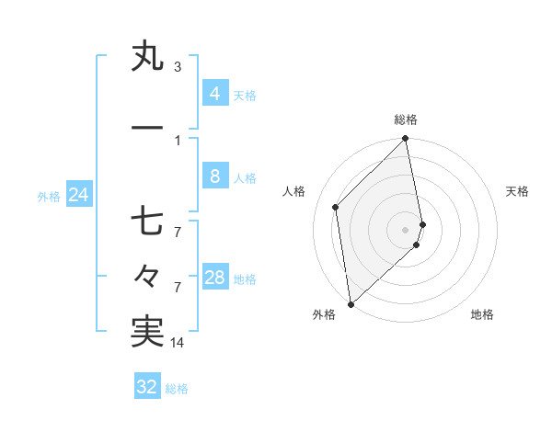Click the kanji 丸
click(147, 57)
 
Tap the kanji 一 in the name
click(147, 126)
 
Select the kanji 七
click(147, 223)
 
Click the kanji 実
click(147, 330)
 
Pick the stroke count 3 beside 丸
click(178, 67)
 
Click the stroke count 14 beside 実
click(178, 343)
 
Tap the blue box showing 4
click(214, 93)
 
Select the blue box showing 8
click(214, 176)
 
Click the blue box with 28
click(215, 278)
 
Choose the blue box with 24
click(78, 195)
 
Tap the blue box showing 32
click(147, 387)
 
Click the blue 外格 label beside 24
click(49, 196)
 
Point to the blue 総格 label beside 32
click(177, 389)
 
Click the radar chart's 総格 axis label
click(406, 119)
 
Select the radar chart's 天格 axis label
click(518, 191)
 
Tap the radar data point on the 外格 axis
click(351, 303)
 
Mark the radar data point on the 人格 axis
click(336, 207)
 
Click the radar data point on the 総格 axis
click(406, 140)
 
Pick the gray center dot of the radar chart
click(406, 229)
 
